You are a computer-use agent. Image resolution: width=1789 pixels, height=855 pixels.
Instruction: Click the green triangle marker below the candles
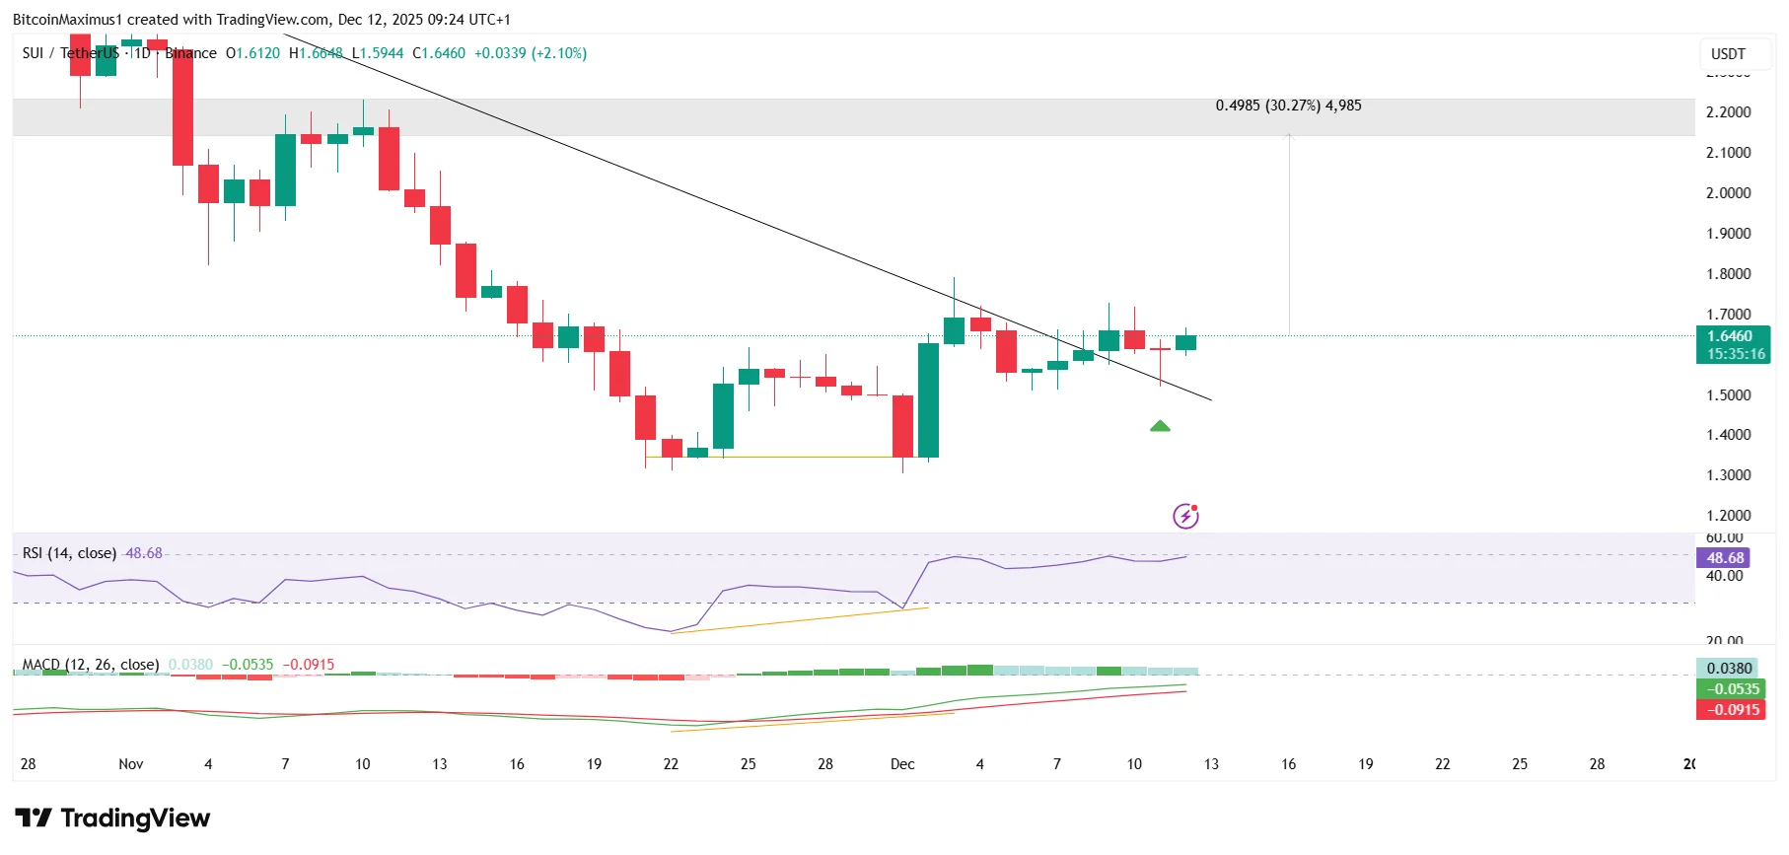click(x=1160, y=426)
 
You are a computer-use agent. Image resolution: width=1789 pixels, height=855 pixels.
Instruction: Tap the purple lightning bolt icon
click(x=1185, y=515)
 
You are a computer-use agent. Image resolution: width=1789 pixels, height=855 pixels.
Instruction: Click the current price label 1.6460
click(x=1732, y=336)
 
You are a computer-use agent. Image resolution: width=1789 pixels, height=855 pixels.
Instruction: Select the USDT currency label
click(x=1728, y=54)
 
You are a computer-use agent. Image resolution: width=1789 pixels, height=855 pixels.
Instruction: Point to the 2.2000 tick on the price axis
click(x=1728, y=112)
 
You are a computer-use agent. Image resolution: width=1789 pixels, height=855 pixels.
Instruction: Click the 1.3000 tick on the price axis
click(x=1728, y=475)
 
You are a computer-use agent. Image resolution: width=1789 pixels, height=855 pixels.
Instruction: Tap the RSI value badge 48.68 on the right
click(x=1724, y=558)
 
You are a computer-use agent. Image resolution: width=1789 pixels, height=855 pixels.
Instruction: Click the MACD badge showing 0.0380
click(x=1729, y=669)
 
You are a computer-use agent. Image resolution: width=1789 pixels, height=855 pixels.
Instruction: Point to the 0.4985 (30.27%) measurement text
click(x=1288, y=106)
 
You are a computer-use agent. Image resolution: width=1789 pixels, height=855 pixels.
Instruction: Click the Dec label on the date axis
click(x=902, y=764)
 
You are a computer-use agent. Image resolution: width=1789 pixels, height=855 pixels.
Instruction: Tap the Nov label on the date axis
click(x=130, y=764)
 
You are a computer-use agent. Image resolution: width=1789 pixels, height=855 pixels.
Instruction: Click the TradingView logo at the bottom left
click(x=112, y=819)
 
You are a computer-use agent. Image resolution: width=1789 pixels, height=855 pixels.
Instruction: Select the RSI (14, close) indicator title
click(x=69, y=553)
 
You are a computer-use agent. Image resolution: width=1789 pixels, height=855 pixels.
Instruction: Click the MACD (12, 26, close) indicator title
click(x=91, y=665)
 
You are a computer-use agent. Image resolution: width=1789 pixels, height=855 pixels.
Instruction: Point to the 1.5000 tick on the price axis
click(x=1728, y=395)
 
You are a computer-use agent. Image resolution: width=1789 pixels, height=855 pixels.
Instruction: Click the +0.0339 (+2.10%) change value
click(x=531, y=53)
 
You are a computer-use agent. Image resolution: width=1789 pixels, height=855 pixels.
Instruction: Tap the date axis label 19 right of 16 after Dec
click(x=1365, y=764)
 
